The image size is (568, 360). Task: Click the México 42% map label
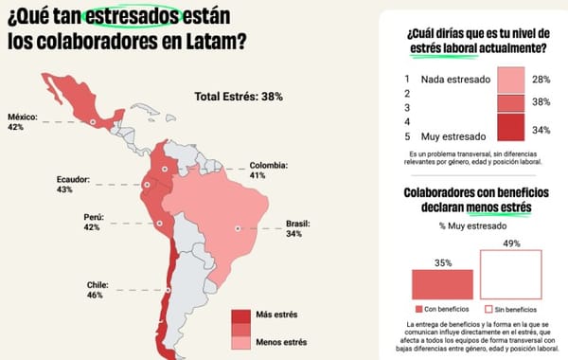pyautogui.click(x=23, y=122)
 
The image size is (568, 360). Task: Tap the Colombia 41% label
pyautogui.click(x=270, y=170)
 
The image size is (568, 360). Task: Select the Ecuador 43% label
pyautogui.click(x=72, y=184)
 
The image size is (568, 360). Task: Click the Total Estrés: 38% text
pyautogui.click(x=239, y=97)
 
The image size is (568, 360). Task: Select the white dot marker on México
pyautogui.click(x=93, y=122)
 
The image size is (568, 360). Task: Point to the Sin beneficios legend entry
pyautogui.click(x=513, y=310)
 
